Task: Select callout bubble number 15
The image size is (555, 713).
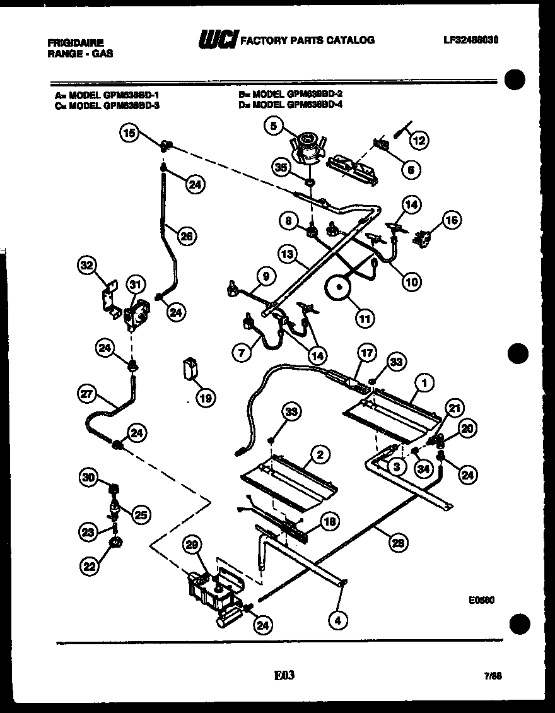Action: [x=129, y=133]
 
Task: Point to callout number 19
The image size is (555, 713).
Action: [x=204, y=398]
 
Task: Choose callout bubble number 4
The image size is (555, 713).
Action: [x=338, y=620]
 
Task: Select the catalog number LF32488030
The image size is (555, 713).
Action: [x=471, y=39]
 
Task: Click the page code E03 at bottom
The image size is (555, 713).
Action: [x=284, y=676]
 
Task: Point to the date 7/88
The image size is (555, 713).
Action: [x=493, y=676]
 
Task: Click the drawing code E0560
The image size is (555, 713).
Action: [x=481, y=601]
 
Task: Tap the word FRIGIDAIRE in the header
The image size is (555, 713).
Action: [x=74, y=42]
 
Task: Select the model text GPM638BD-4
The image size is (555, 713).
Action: [x=315, y=105]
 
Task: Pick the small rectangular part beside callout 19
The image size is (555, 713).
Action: [x=189, y=369]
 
